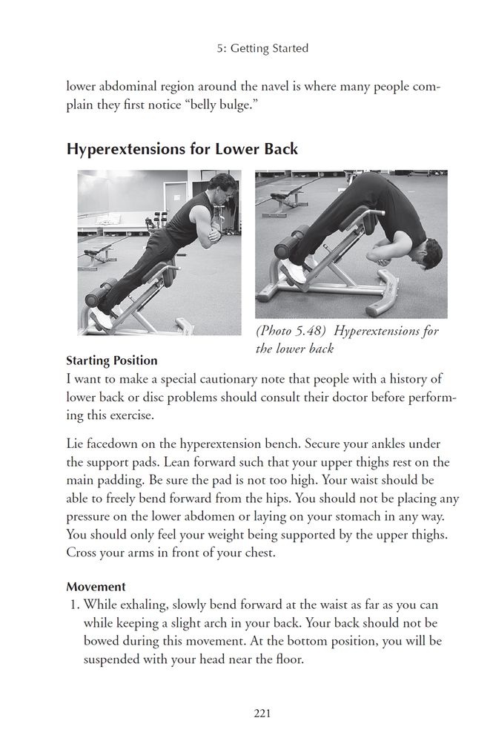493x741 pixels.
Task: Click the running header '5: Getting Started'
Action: tap(263, 48)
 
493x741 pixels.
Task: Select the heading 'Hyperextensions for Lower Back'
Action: tap(182, 148)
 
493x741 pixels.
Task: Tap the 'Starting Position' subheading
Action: tap(111, 360)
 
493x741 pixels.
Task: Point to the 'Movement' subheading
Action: tap(96, 587)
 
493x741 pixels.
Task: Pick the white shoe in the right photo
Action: tap(296, 271)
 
